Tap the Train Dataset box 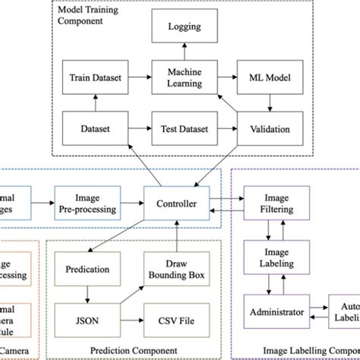94,79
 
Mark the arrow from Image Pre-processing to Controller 130,204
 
